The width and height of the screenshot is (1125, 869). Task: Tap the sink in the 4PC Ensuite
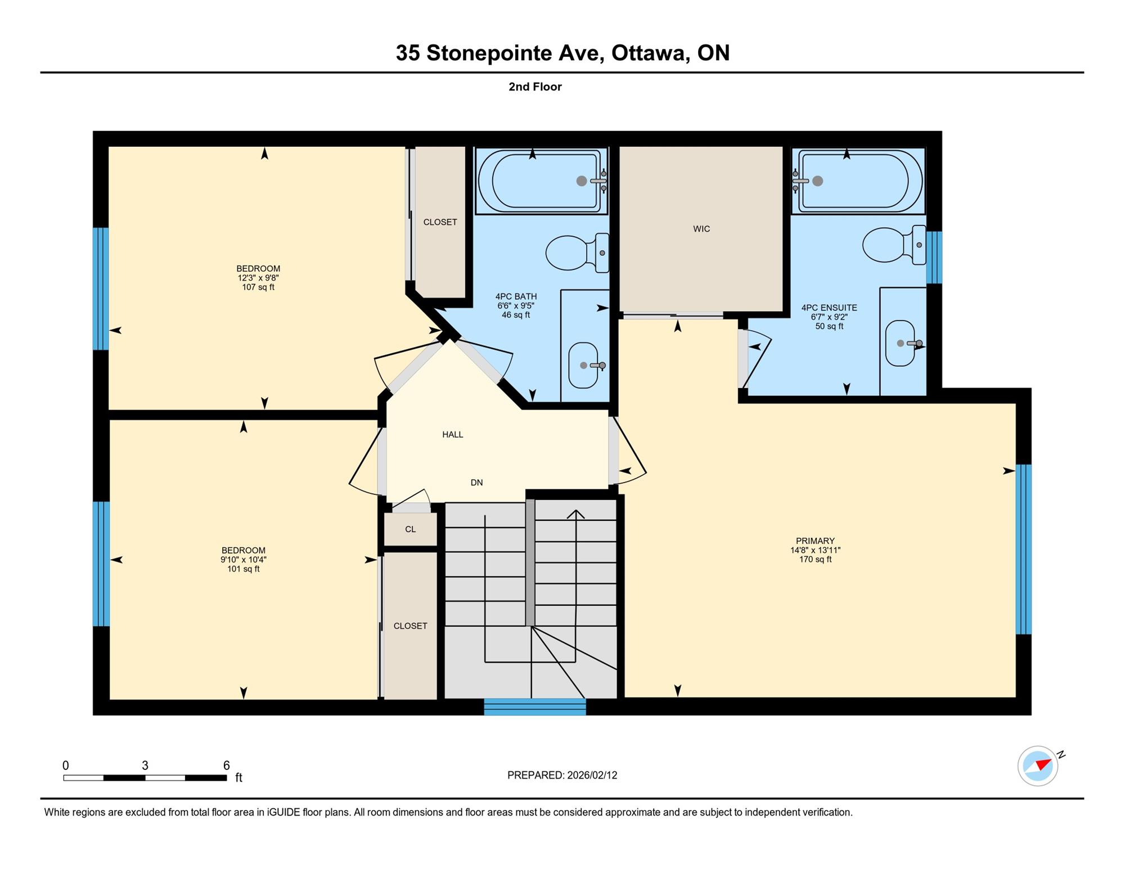pyautogui.click(x=901, y=343)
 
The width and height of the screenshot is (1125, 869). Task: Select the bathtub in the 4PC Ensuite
pyautogui.click(x=858, y=181)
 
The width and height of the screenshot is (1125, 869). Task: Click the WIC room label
pyautogui.click(x=701, y=229)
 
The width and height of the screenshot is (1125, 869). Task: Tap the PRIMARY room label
pyautogui.click(x=815, y=541)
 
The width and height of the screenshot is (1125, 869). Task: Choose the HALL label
pyautogui.click(x=453, y=435)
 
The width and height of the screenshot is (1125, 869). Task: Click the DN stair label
pyautogui.click(x=476, y=483)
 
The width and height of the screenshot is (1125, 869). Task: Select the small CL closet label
pyautogui.click(x=411, y=529)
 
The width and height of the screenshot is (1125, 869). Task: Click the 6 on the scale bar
pyautogui.click(x=226, y=766)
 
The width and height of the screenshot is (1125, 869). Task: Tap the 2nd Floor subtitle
pyautogui.click(x=535, y=87)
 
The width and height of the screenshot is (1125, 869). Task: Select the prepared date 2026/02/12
pyautogui.click(x=592, y=775)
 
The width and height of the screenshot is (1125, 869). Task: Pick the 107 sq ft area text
pyautogui.click(x=258, y=287)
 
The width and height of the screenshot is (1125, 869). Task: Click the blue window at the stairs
pyautogui.click(x=535, y=707)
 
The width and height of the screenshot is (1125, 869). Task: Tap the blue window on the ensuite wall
pyautogui.click(x=934, y=258)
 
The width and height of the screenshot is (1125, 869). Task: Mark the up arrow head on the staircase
pyautogui.click(x=575, y=514)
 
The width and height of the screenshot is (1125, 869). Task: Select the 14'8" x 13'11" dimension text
pyautogui.click(x=815, y=551)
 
